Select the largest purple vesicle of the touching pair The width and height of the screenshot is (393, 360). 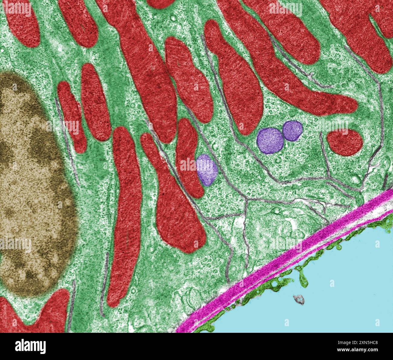(270, 141)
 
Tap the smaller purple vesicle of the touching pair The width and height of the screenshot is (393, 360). (292, 130)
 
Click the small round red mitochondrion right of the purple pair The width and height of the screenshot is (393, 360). (345, 142)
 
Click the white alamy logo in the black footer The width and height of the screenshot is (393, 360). (30, 346)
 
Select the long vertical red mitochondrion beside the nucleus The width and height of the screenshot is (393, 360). (124, 211)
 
